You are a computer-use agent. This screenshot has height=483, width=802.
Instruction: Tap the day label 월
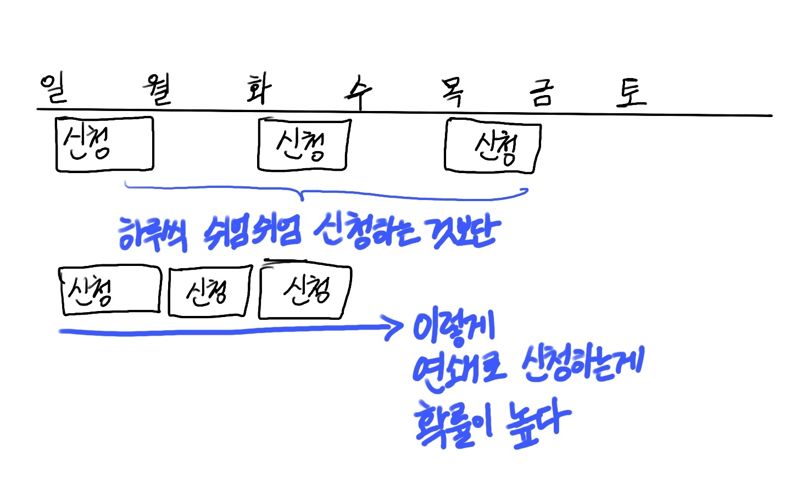[x=158, y=90]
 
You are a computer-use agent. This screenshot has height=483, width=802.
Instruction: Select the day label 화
[x=259, y=89]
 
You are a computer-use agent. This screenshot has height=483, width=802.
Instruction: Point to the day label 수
[x=359, y=92]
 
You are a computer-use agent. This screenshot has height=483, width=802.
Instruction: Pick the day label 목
[x=453, y=92]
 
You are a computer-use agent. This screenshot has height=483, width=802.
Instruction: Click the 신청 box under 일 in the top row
[x=104, y=144]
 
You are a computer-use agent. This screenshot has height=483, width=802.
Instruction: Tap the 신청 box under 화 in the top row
[x=303, y=145]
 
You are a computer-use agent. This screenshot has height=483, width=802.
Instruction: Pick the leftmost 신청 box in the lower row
[x=109, y=291]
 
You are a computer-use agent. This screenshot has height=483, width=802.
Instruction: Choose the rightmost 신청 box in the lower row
[x=304, y=292]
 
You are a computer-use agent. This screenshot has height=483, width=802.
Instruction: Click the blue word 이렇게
[x=454, y=329]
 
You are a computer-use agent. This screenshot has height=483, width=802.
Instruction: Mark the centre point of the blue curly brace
[x=300, y=194]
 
